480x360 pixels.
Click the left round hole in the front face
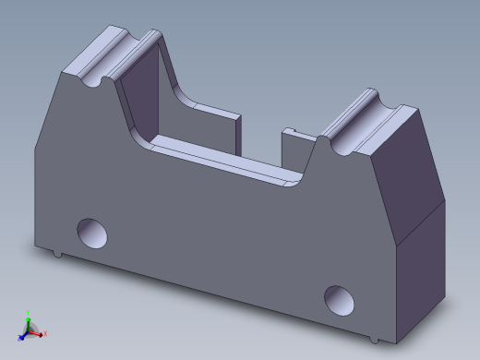point(92,232)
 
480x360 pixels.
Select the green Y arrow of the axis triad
point(28,317)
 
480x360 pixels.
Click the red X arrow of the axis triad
point(42,333)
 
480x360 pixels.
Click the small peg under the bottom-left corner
point(57,252)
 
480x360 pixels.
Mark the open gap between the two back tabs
point(260,138)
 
